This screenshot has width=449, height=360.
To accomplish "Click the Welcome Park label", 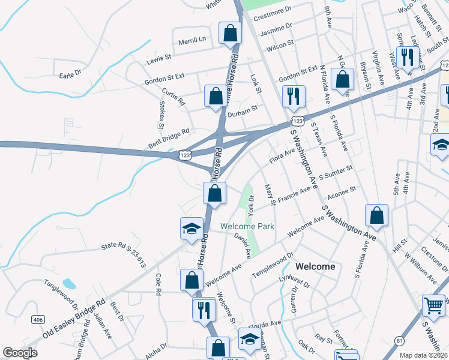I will tap(247, 226).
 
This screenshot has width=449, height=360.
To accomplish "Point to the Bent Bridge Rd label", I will tap(169, 139).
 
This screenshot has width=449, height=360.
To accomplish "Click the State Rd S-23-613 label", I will tap(124, 254).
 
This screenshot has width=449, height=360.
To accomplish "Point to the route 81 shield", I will tap(399, 341).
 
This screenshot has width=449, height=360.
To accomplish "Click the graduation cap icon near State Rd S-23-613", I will tap(191, 229).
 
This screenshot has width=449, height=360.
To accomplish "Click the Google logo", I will tap(20, 352).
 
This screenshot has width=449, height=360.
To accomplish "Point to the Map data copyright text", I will tap(423, 355).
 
